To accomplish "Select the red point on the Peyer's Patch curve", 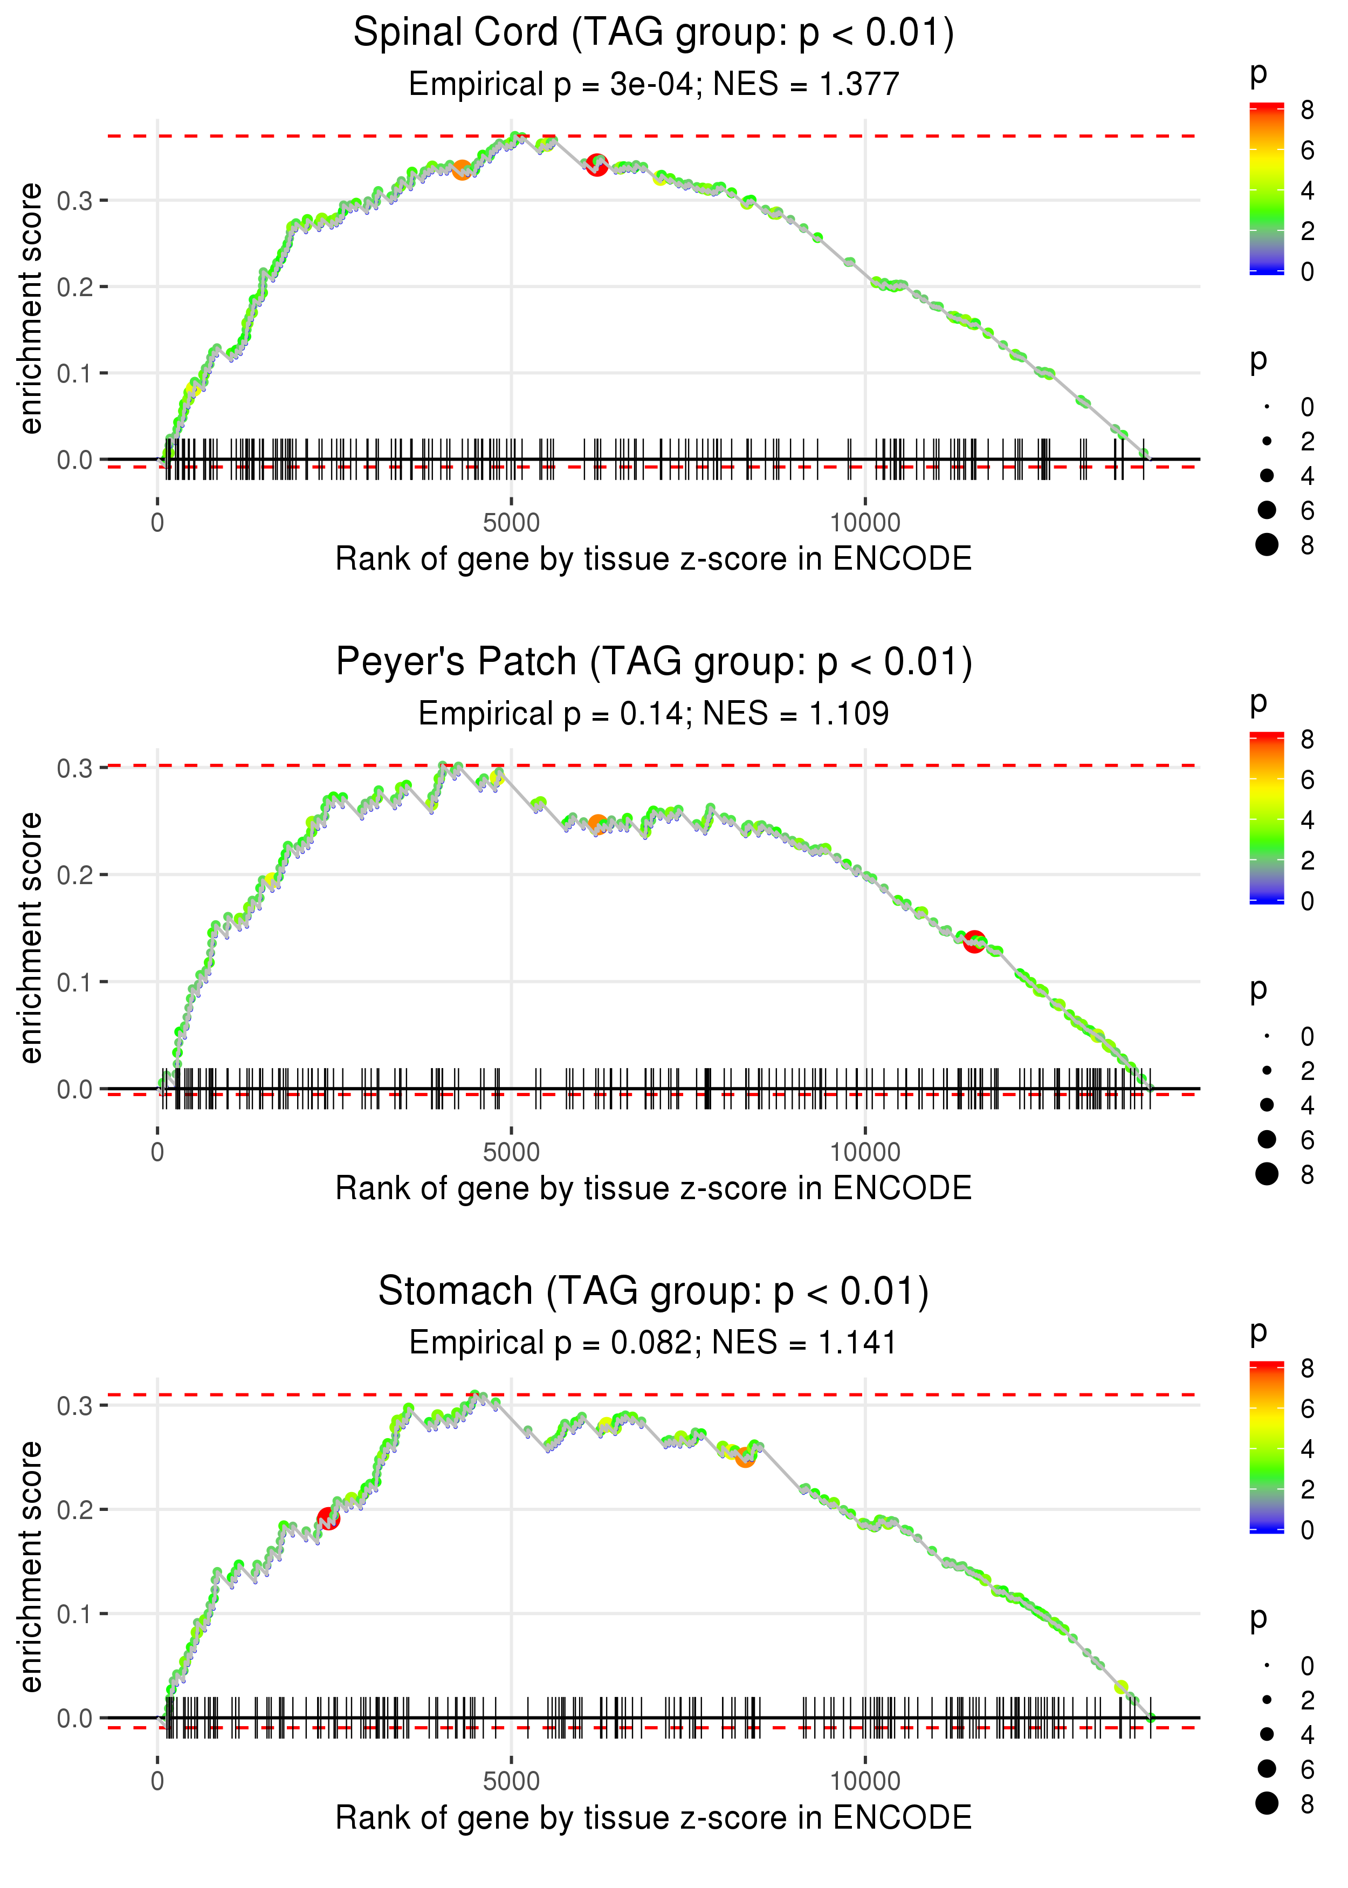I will (974, 941).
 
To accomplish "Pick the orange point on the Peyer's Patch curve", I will (597, 824).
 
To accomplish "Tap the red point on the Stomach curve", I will (329, 1518).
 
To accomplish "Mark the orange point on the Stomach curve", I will (745, 1457).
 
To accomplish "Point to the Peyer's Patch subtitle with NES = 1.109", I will (654, 713).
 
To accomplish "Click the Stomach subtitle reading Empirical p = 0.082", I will (654, 1343).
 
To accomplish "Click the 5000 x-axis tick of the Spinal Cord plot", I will (511, 523).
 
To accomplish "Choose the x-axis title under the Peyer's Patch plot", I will (654, 1188).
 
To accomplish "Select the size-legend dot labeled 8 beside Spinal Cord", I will (1267, 545).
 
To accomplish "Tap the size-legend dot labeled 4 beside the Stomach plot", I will (1267, 1734).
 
